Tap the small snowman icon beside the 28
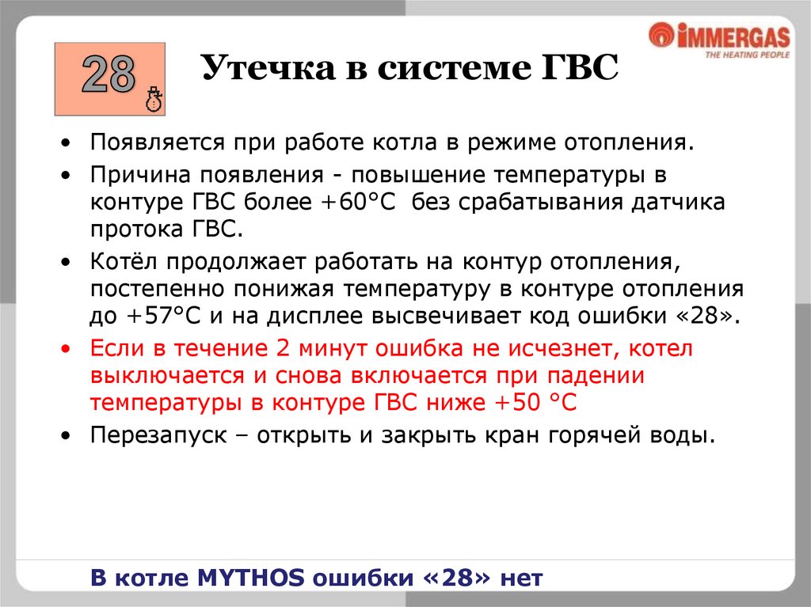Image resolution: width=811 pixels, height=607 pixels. (x=154, y=100)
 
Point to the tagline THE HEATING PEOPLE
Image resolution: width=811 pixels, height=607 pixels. (x=746, y=55)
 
